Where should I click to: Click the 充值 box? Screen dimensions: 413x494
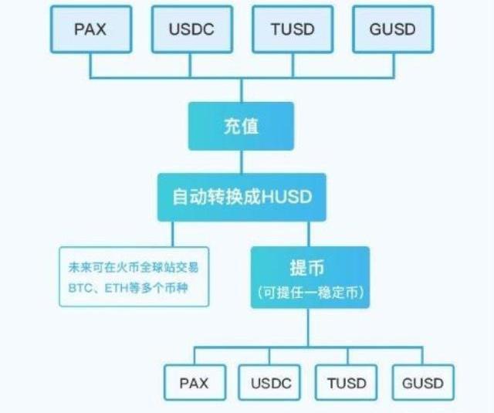point(241,126)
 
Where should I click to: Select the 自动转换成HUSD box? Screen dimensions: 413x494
point(241,197)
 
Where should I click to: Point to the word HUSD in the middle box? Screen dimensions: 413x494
point(286,197)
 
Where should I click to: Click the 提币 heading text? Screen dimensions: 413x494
point(310,269)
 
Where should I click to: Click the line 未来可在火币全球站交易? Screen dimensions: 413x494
point(134,268)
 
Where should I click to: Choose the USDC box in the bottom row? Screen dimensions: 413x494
point(270,383)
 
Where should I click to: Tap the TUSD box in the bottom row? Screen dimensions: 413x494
point(347,383)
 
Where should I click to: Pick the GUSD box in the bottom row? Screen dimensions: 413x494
point(422,383)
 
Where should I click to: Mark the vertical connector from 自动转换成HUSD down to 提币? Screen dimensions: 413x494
point(310,234)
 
